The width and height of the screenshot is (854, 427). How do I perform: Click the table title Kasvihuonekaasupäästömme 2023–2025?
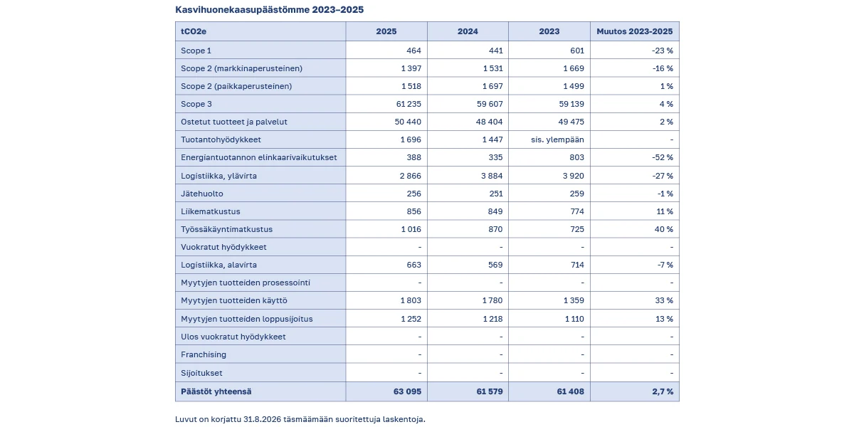tap(269, 9)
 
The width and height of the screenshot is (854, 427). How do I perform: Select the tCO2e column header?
tap(194, 31)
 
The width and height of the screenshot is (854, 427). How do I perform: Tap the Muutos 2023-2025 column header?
tap(634, 31)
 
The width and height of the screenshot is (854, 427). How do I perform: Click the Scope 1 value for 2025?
tap(413, 51)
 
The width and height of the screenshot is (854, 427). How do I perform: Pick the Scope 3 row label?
tap(196, 104)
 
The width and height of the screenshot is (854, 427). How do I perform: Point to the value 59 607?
tap(490, 104)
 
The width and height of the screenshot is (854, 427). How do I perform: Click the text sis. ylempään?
tap(557, 139)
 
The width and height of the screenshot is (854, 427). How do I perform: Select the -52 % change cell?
tap(663, 157)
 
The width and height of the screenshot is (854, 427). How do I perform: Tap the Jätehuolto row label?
tap(201, 194)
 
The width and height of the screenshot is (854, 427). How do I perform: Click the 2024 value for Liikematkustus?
tap(495, 211)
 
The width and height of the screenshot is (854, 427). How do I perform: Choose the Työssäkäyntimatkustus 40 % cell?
tap(664, 229)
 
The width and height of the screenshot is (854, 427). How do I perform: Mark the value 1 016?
tap(411, 229)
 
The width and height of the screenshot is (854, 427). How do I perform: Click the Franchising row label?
tap(204, 354)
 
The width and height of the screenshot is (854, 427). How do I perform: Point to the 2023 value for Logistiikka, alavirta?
tap(577, 265)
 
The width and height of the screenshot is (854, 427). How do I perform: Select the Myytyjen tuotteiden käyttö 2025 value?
tap(411, 300)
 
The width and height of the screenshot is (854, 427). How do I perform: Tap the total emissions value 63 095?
tap(407, 391)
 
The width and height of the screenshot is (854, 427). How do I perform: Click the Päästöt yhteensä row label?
tap(216, 391)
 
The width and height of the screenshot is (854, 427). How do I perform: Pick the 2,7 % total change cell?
tap(663, 391)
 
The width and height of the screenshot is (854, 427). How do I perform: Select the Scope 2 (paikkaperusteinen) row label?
tap(236, 86)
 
